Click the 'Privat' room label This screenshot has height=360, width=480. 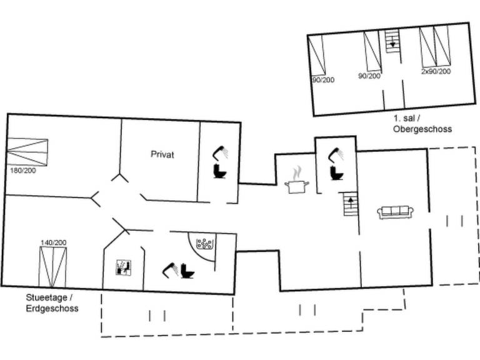pos(162,154)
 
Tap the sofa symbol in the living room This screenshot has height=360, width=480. pos(394,212)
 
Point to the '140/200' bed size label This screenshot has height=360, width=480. pos(54,242)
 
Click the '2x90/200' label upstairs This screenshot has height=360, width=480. pos(435,71)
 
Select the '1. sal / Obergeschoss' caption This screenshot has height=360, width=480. pos(422,124)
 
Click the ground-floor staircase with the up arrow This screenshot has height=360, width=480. pos(350,204)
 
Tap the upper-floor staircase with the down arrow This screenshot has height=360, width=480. pos(392,41)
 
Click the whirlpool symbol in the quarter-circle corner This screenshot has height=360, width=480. pos(205,244)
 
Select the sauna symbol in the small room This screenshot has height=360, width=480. pos(124,267)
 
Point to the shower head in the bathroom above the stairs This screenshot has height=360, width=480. pos(338,152)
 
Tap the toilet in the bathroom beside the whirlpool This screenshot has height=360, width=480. pos(187,271)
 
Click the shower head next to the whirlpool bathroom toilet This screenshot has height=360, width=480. pos(170,269)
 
